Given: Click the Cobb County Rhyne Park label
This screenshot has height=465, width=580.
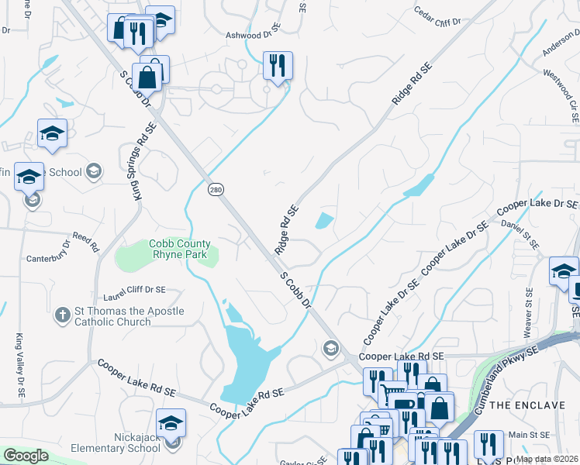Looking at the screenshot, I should pos(180,249).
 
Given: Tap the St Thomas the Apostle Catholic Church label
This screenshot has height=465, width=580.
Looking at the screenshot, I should pos(129,316).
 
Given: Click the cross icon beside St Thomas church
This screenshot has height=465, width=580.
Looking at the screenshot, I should pos(63,315).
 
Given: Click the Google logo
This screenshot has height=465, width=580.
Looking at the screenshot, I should pos(26,456).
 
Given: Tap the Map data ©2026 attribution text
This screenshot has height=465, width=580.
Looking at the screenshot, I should pos(547,459).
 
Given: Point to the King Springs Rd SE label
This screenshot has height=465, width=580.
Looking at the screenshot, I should pos(140,163).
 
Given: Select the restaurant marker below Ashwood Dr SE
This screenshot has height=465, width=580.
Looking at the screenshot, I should pos(278,67).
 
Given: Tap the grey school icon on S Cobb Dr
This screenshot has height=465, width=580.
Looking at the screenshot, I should pos(332,350).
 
